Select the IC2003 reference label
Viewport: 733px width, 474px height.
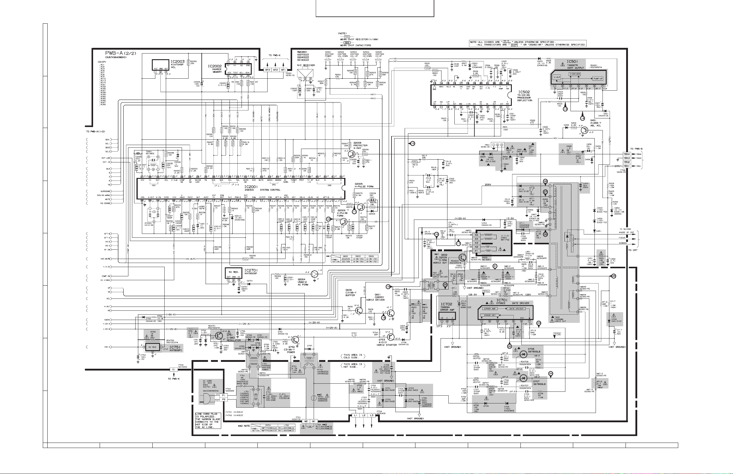tap(178, 62)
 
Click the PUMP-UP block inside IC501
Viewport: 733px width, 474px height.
tap(598, 78)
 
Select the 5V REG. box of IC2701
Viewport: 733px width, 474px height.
tap(233, 272)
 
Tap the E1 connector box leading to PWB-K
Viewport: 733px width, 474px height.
tap(173, 369)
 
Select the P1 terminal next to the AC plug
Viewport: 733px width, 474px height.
tap(224, 395)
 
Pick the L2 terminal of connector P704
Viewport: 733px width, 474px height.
tap(363, 415)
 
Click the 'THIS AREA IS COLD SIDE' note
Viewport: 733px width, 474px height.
tap(353, 356)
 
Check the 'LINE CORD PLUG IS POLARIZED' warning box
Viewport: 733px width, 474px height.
tap(208, 420)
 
